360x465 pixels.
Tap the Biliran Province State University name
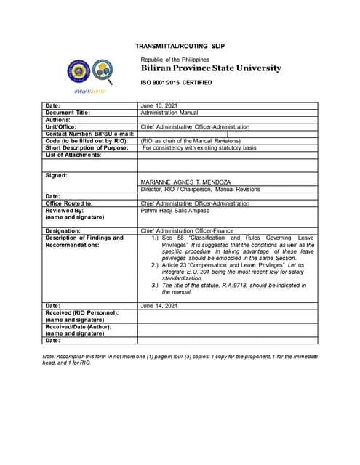tap(210, 68)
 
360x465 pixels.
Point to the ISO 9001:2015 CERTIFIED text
tap(176, 83)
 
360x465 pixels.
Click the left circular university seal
tap(78, 72)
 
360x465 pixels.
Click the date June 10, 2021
tap(159, 106)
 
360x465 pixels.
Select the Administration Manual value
tap(169, 113)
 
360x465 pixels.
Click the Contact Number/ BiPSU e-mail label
tap(90, 134)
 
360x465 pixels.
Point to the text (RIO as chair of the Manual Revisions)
tap(190, 140)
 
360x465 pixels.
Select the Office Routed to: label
tap(69, 203)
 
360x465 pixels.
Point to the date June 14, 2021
tap(159, 306)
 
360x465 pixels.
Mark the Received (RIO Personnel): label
tap(81, 312)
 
